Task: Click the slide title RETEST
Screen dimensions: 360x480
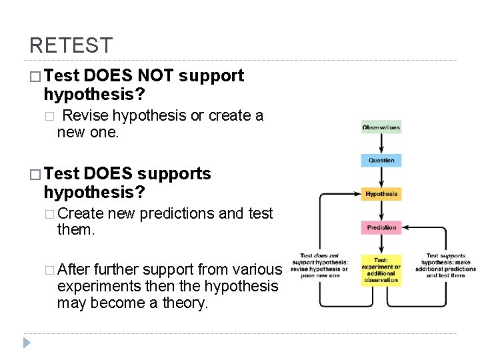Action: [x=71, y=46]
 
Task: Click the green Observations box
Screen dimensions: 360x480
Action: [x=381, y=127]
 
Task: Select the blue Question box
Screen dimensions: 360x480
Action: [x=381, y=161]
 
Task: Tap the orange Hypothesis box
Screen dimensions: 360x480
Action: [x=381, y=194]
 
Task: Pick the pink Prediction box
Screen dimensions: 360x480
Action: [x=381, y=227]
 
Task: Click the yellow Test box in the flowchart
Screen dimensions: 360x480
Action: [x=381, y=270]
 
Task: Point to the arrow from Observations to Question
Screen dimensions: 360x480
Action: [x=381, y=144]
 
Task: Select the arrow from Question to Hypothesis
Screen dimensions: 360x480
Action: [x=381, y=177]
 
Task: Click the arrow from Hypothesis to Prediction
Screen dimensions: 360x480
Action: [x=381, y=211]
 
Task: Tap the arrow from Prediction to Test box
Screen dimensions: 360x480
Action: [x=381, y=244]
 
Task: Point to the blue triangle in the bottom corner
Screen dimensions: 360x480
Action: [x=27, y=343]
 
